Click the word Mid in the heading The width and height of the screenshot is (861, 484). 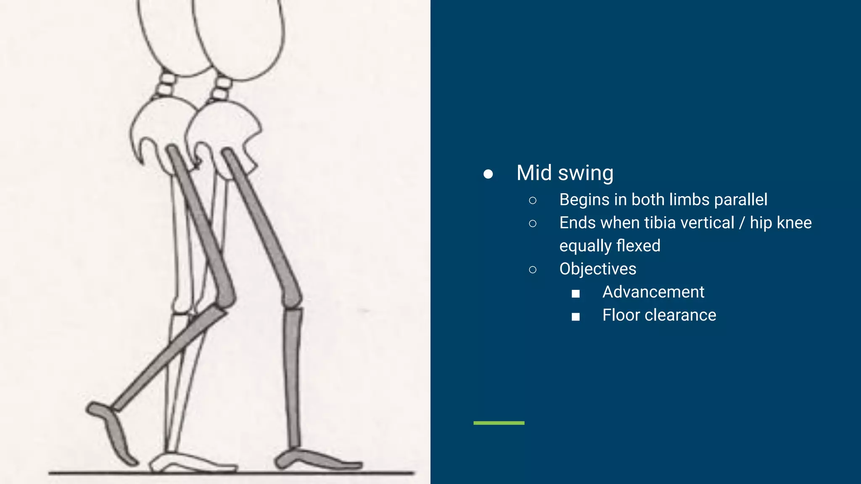tap(534, 173)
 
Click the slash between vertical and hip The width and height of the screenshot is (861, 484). tap(742, 223)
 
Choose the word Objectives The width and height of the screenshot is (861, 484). tap(597, 269)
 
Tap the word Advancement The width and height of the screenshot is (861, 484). tap(653, 292)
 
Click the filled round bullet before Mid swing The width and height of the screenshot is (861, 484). tap(488, 174)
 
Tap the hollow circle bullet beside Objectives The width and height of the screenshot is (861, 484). tap(533, 270)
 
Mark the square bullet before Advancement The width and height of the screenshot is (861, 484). tap(576, 293)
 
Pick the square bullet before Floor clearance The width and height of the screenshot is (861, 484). tap(576, 316)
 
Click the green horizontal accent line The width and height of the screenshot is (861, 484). tap(499, 423)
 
